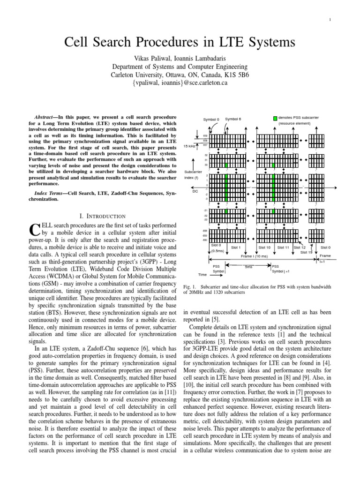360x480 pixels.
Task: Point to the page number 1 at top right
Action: pyautogui.click(x=330, y=19)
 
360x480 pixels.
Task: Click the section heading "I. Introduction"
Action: pyautogui.click(x=103, y=216)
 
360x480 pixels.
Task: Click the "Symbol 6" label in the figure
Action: pyautogui.click(x=233, y=119)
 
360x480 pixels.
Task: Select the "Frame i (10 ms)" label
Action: pyautogui.click(x=254, y=256)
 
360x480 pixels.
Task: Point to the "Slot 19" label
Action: pyautogui.click(x=306, y=252)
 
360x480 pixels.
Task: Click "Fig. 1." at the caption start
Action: pyautogui.click(x=189, y=286)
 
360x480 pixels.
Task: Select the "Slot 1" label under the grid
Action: pyautogui.click(x=236, y=247)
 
